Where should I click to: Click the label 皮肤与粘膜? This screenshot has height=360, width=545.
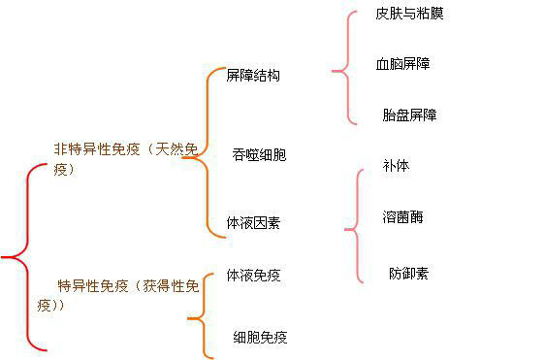point(409,14)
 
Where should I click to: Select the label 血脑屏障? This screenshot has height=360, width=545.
point(402,64)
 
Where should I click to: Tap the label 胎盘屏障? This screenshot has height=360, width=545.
point(409,115)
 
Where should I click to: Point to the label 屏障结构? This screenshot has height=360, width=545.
point(253,75)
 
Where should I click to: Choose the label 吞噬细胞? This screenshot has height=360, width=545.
point(259,154)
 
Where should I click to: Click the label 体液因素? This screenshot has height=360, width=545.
point(253,222)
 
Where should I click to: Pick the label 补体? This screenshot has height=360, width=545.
point(396,166)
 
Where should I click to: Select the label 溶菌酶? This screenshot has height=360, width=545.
point(402,216)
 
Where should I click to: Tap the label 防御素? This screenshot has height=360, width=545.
point(408,273)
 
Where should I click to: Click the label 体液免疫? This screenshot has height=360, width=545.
point(253,275)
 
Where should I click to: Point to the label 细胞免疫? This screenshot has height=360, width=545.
point(260,337)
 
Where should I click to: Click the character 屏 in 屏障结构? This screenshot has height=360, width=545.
point(233,75)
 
